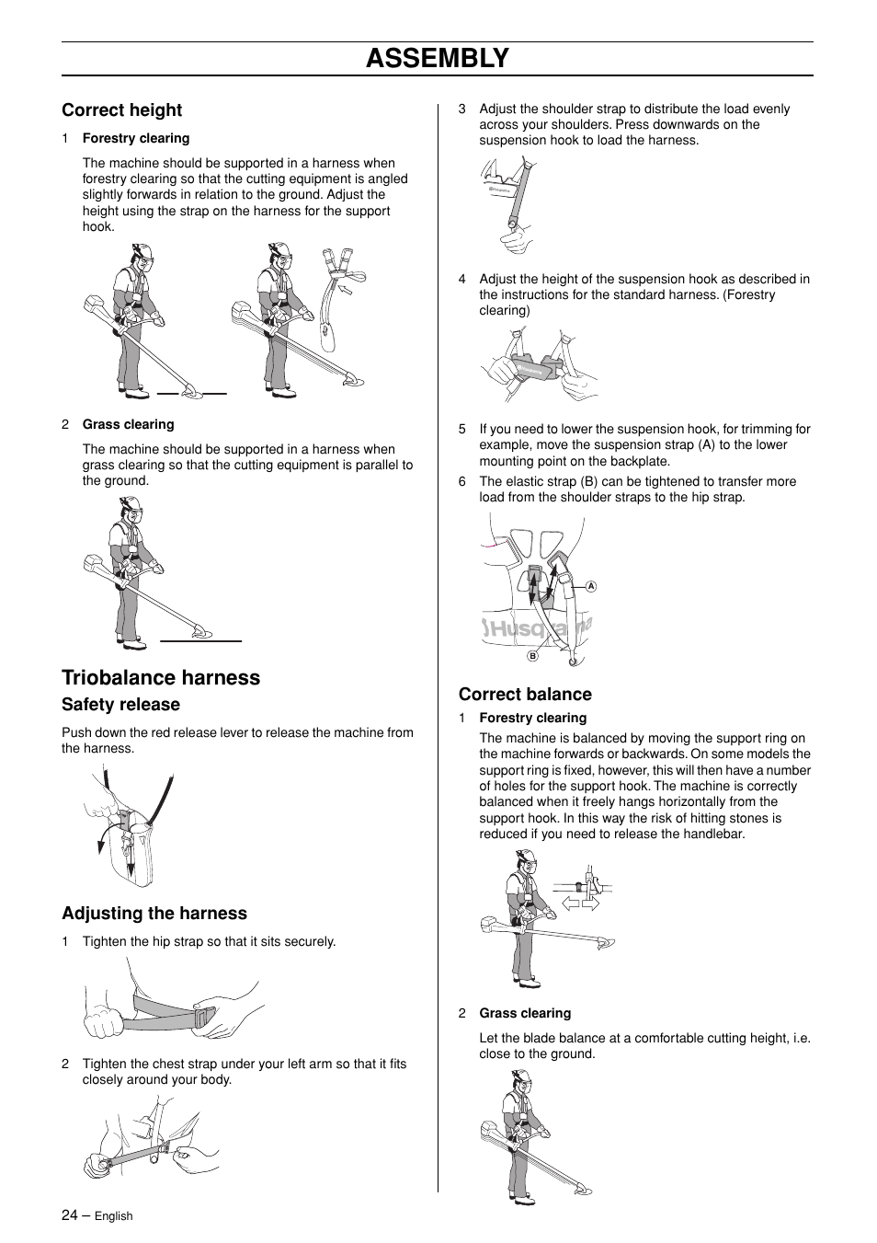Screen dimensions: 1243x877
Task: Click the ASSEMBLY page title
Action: (x=437, y=58)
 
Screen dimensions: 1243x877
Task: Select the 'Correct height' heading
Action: (x=121, y=110)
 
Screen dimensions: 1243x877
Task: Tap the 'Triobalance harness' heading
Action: (x=161, y=678)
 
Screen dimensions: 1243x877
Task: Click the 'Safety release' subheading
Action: (x=120, y=705)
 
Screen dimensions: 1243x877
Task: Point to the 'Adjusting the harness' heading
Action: (x=154, y=914)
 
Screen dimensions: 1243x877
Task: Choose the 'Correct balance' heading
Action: (x=525, y=695)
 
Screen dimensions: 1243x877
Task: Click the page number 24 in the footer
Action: (x=70, y=1215)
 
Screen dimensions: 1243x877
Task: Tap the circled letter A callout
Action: (x=591, y=586)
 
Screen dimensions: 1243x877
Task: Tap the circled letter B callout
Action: (x=531, y=656)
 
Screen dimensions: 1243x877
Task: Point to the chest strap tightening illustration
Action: (x=151, y=1137)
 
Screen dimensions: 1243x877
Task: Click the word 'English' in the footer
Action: (x=114, y=1216)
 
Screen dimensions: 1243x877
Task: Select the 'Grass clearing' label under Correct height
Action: (x=128, y=425)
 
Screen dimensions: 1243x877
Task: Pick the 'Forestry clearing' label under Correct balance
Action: (x=532, y=719)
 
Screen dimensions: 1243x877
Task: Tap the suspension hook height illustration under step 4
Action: (x=539, y=364)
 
